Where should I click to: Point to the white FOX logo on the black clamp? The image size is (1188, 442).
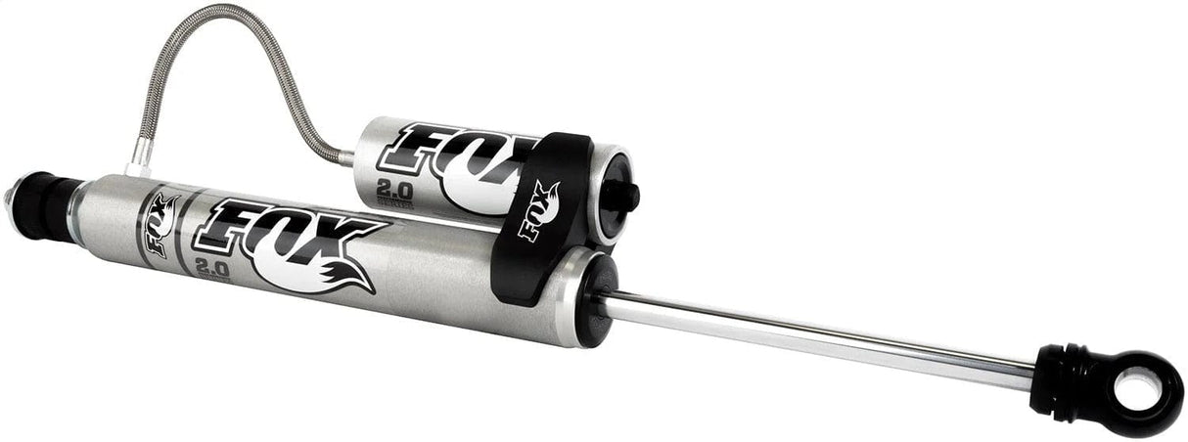tap(539, 209)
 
